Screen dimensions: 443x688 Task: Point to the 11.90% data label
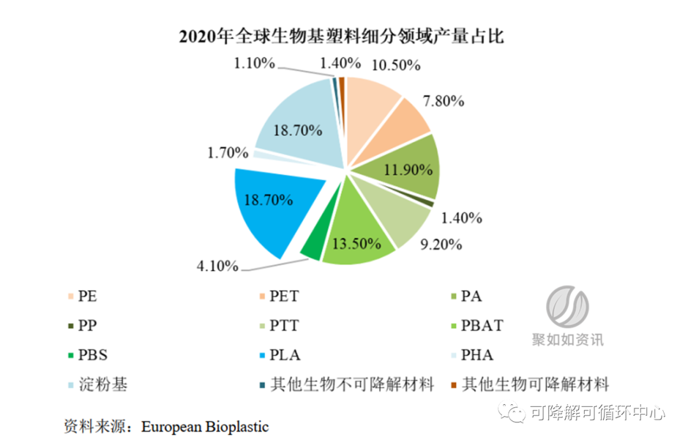click(x=408, y=170)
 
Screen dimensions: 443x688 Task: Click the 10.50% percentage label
click(x=396, y=64)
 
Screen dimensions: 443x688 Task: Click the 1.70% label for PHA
click(x=227, y=152)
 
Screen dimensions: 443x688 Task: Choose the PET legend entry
click(x=283, y=296)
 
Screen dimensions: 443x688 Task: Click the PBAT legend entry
click(x=482, y=325)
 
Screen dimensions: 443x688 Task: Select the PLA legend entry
click(x=285, y=355)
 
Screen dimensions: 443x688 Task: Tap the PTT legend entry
click(x=283, y=326)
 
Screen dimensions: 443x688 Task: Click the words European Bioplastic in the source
click(x=205, y=426)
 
